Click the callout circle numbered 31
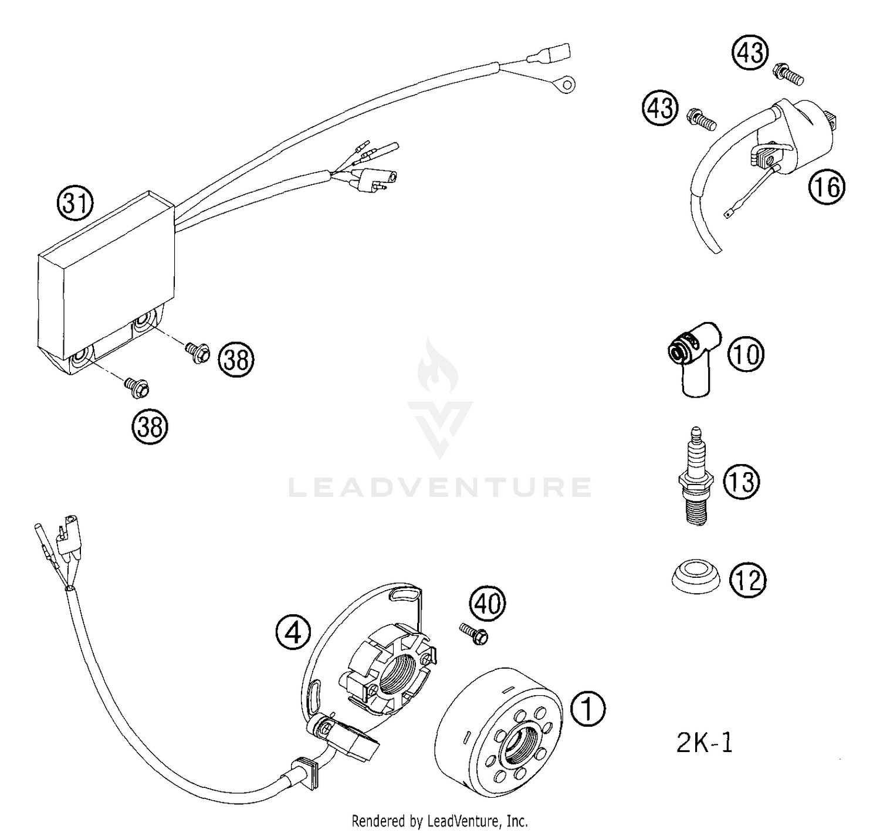(x=75, y=204)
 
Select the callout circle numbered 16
(x=827, y=187)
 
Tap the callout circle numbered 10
(x=746, y=354)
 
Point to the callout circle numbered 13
(x=741, y=482)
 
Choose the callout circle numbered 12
(x=748, y=580)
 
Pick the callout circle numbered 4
(x=293, y=633)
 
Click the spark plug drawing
(x=696, y=478)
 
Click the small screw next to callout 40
(x=473, y=635)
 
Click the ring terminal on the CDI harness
(x=566, y=86)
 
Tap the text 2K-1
(x=705, y=743)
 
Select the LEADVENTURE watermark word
(x=440, y=487)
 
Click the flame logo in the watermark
(x=440, y=367)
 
